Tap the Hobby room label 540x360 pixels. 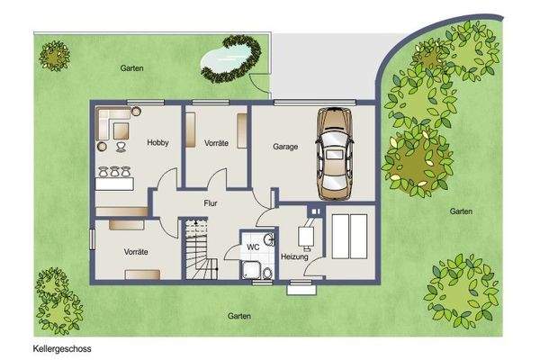(x=158, y=143)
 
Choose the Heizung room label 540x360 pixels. (x=295, y=257)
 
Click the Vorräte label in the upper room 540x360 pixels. (x=216, y=143)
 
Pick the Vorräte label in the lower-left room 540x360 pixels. (x=136, y=251)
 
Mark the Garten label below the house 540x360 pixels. (x=238, y=316)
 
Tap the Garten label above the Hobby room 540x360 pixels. (x=132, y=68)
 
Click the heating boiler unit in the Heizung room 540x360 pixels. (x=306, y=236)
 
